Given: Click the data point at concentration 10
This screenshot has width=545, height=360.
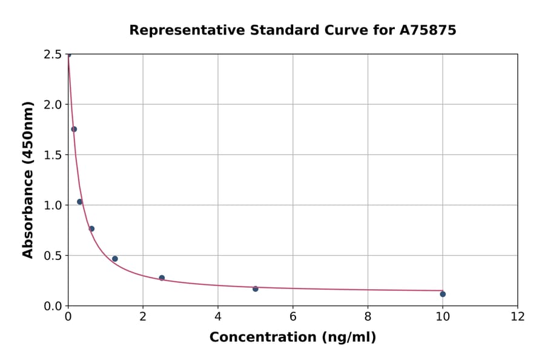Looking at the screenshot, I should coord(443,294).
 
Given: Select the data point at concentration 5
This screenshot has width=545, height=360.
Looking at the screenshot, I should coord(256,288).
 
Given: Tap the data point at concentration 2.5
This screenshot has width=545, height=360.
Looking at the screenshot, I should coord(162,278).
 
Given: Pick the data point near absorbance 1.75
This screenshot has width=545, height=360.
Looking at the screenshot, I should coord(74,129).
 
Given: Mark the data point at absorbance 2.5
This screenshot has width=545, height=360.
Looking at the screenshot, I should coord(68,55).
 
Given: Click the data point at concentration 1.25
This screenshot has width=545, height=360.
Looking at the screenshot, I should coord(115,259).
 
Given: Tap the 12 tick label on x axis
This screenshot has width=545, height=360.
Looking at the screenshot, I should coord(518,316).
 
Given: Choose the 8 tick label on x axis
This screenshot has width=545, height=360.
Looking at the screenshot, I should coord(368,316).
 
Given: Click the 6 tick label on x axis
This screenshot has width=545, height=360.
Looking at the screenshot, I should coord(293,316).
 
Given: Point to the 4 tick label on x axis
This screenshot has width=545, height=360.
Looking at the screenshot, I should coord(218,316).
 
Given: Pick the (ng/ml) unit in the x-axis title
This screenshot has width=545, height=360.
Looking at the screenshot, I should coord(350,338).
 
